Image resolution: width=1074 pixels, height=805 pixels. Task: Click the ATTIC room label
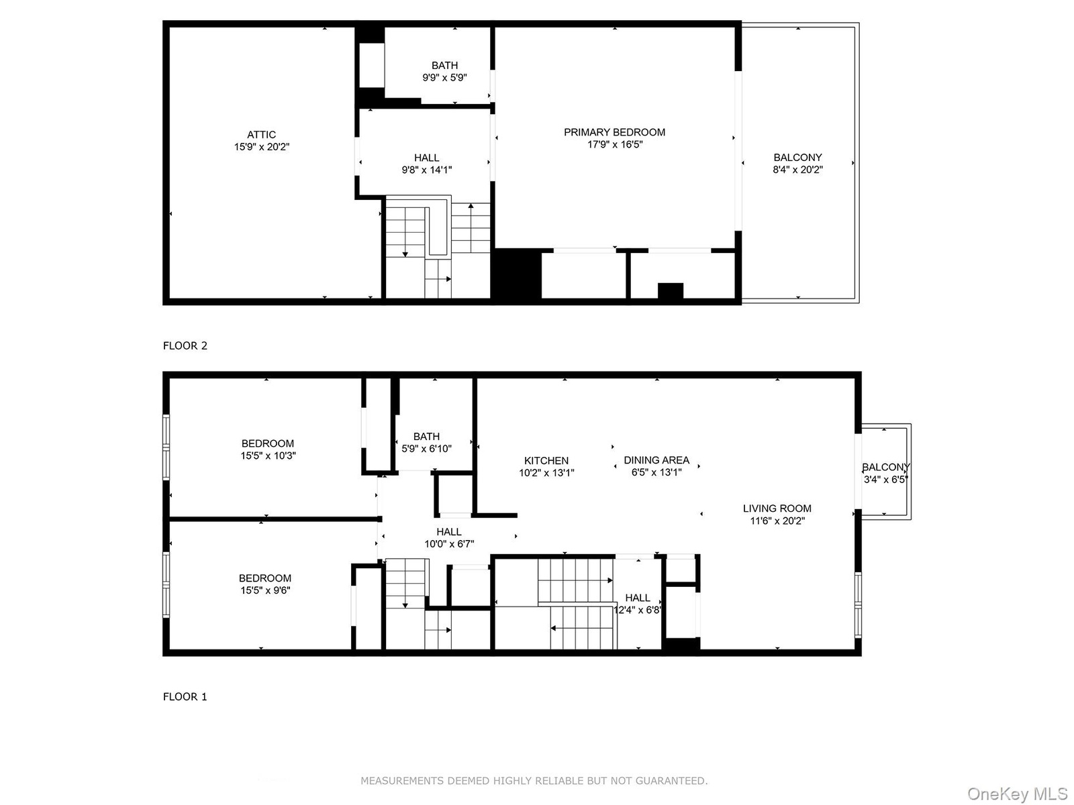pos(261,134)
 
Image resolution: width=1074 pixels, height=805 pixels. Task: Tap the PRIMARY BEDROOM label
pos(614,132)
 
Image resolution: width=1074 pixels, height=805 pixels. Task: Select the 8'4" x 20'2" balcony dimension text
pos(797,170)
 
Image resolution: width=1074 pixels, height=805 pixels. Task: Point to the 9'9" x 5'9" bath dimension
pos(444,77)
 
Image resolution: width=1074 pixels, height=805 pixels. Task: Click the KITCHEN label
pos(546,460)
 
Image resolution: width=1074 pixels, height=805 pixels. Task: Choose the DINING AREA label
pos(656,460)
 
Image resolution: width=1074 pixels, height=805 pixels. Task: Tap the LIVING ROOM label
pos(777,508)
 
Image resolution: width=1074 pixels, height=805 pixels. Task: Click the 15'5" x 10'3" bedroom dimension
pos(268,455)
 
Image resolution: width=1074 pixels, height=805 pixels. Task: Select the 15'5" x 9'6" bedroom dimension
pos(265,590)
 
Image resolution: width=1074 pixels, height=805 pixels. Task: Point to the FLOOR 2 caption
pos(185,345)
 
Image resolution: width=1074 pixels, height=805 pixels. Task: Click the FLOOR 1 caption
pos(185,696)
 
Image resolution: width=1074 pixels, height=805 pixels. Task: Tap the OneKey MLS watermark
pos(1018,794)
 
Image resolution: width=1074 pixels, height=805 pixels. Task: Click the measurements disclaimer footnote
pos(534,781)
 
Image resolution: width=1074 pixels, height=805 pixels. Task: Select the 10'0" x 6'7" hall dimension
pos(449,543)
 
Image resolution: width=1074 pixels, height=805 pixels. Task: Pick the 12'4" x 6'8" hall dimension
pos(638,610)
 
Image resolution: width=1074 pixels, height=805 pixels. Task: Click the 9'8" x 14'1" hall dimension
pos(427,170)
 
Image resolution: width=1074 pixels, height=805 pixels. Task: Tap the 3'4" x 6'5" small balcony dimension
pos(885,479)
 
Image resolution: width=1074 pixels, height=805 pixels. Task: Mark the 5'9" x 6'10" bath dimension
pos(426,448)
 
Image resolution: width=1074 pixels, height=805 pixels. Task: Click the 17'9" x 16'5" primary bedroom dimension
pos(615,144)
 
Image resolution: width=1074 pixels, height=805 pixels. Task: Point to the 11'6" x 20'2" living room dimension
pos(777,521)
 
